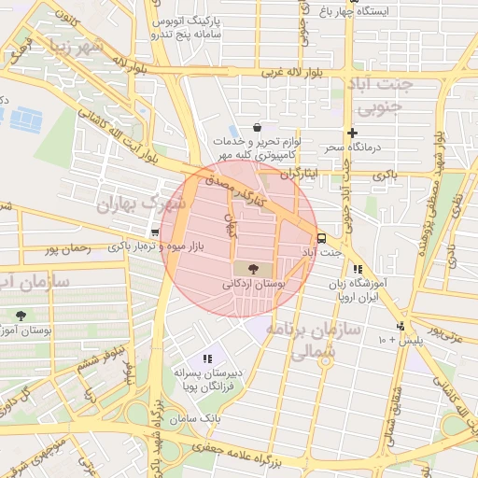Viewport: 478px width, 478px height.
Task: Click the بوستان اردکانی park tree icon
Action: (x=254, y=267)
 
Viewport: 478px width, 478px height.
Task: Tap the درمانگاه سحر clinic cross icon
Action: (x=352, y=133)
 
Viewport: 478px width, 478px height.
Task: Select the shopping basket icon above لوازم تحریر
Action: (x=257, y=128)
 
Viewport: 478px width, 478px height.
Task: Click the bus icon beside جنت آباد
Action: (x=322, y=238)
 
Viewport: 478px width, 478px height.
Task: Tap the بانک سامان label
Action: (x=215, y=421)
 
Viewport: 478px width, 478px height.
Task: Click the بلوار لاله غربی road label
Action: (x=297, y=72)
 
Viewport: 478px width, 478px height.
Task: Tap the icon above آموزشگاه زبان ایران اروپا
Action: (x=357, y=269)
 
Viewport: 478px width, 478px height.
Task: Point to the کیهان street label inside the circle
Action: (x=230, y=224)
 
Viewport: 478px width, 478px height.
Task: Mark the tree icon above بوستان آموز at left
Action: (x=21, y=316)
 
